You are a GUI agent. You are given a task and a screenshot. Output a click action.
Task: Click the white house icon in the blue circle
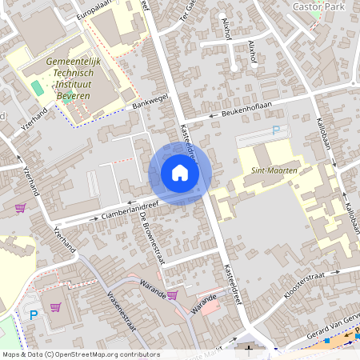click(180, 173)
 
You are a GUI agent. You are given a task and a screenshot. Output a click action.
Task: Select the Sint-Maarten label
click(274, 170)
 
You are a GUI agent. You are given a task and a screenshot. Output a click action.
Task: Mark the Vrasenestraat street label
click(120, 311)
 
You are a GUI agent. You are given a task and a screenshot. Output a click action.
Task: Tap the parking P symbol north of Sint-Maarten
click(277, 130)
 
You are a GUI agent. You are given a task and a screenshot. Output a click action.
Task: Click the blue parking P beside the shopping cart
click(34, 315)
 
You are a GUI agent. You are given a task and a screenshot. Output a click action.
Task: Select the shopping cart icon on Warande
click(172, 295)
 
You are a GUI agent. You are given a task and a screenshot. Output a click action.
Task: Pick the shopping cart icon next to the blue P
click(56, 307)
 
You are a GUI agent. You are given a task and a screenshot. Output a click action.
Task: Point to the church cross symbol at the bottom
click(249, 349)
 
